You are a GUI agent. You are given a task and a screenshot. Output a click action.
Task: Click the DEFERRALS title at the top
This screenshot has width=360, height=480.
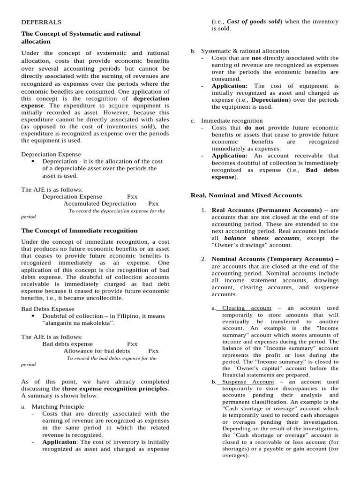click(x=41, y=22)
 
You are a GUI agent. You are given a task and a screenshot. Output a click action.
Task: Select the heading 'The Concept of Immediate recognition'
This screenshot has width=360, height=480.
click(x=79, y=231)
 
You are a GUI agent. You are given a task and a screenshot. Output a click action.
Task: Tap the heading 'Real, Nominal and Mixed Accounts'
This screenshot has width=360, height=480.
click(x=246, y=195)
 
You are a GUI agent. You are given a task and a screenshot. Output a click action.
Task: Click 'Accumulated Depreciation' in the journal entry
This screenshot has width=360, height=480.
click(x=100, y=203)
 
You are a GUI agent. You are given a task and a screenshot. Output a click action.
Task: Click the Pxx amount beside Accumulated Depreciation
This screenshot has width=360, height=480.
click(x=153, y=203)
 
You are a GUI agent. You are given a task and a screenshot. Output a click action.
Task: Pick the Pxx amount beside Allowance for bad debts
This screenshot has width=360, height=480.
click(x=153, y=351)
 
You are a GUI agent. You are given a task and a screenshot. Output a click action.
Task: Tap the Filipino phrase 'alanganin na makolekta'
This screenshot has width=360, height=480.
click(x=78, y=323)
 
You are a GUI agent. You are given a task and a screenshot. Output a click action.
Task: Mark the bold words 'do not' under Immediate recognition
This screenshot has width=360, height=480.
click(x=254, y=127)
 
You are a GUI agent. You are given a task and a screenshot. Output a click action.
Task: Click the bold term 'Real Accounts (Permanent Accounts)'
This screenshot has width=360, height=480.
click(x=267, y=210)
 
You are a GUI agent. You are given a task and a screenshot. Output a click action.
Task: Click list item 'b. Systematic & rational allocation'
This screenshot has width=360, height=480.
click(x=245, y=51)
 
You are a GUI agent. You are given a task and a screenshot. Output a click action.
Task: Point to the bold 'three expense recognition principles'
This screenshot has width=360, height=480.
click(x=115, y=389)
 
